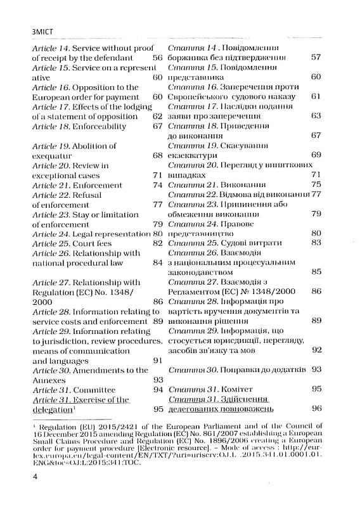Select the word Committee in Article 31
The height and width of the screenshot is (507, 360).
tap(95, 390)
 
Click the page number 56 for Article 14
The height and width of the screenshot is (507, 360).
tap(158, 58)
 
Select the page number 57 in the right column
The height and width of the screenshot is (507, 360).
tap(316, 58)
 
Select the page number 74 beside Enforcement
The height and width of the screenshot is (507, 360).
tap(158, 184)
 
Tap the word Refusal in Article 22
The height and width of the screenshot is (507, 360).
tap(87, 195)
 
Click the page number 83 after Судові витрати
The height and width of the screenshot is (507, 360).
tap(316, 243)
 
